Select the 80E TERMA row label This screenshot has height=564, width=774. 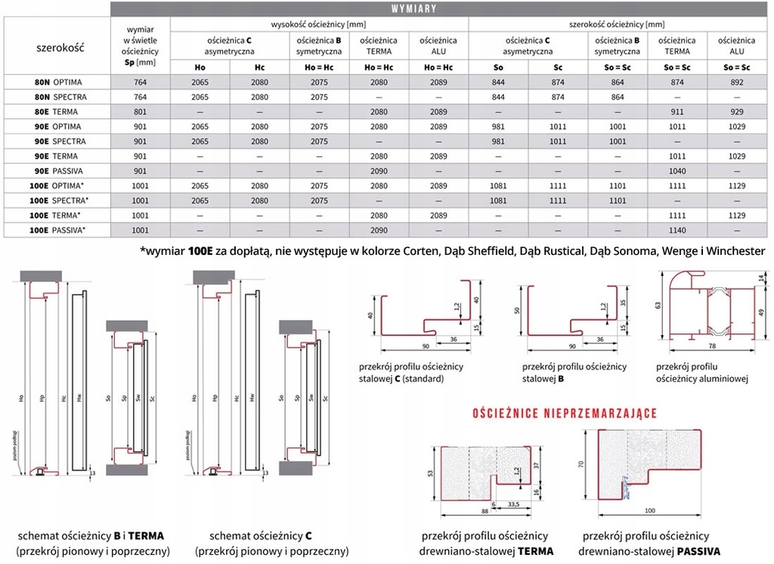(57, 111)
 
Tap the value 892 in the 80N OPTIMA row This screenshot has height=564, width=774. (736, 82)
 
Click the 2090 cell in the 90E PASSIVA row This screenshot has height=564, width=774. (379, 170)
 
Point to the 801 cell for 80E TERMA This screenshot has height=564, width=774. (139, 111)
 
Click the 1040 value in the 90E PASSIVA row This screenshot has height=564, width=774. (678, 170)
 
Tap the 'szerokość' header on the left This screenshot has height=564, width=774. (60, 48)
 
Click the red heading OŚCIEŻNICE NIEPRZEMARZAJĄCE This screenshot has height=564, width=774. (564, 414)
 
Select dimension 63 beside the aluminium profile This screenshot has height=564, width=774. (658, 305)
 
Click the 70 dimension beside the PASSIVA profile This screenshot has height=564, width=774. (581, 466)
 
